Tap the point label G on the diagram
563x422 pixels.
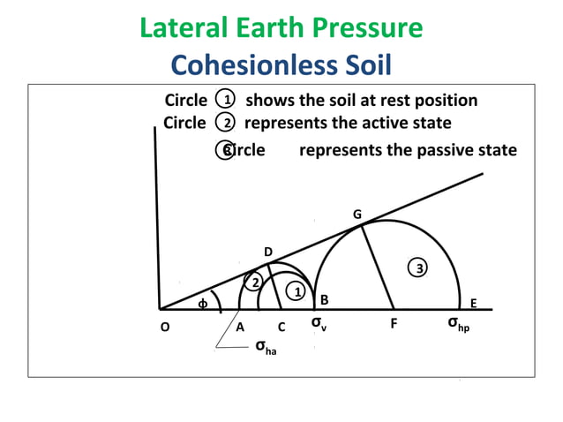[x=357, y=215]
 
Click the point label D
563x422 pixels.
[x=268, y=252]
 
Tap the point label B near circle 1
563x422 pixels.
[x=324, y=300]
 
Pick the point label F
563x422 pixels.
[x=394, y=324]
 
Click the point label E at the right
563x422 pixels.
[x=473, y=303]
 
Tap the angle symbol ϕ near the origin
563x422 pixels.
[x=202, y=304]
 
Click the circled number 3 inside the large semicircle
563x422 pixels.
[x=420, y=268]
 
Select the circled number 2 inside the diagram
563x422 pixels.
[x=253, y=283]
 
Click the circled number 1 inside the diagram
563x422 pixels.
[x=298, y=291]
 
